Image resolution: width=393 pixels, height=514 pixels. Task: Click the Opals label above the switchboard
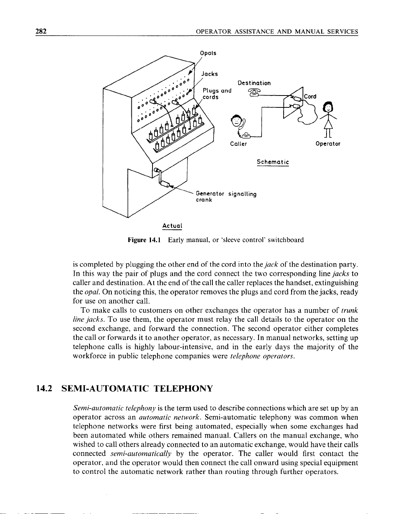point(208,53)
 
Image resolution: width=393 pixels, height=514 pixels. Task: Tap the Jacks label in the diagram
point(210,74)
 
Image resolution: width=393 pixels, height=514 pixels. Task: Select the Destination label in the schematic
point(254,83)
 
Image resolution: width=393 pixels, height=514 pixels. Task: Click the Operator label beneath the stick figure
point(328,144)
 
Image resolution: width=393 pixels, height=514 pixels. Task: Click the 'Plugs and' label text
point(217,91)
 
